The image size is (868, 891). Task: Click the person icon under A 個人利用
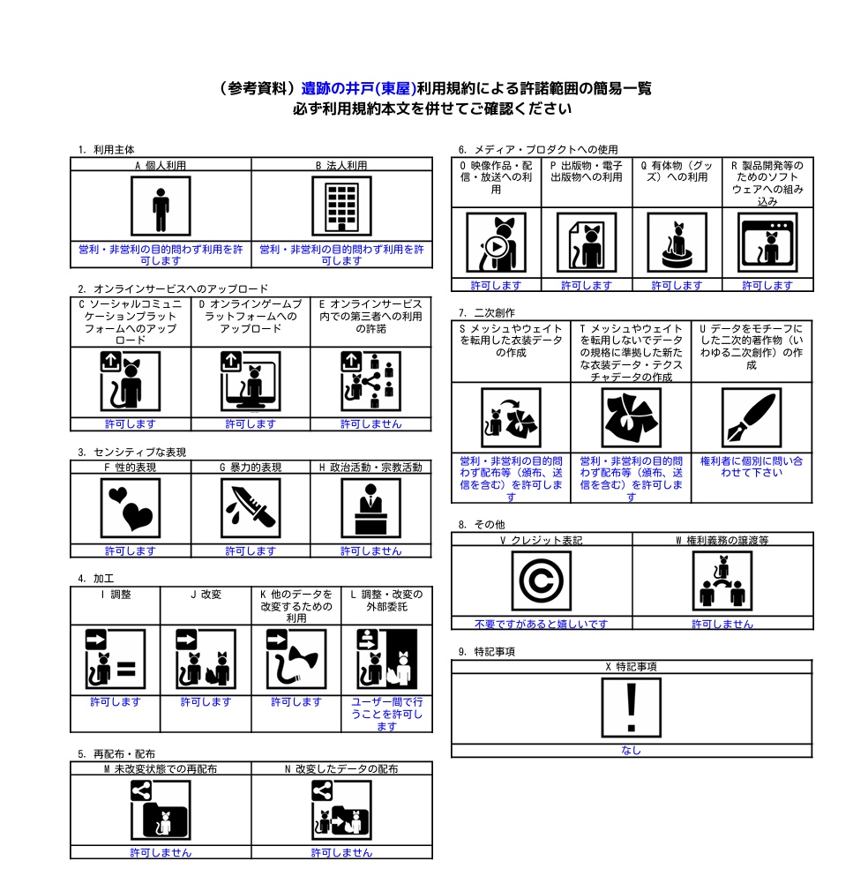coord(161,206)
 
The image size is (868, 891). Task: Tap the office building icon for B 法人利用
coord(341,206)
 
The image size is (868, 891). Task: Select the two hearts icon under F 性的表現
coord(131,508)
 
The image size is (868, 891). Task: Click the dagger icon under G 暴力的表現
coord(251,508)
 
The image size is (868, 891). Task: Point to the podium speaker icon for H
coord(371,508)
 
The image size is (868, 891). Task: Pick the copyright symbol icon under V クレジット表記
coord(542,580)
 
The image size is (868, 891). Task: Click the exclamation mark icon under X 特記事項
coord(631,708)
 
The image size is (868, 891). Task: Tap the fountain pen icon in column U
coord(751,417)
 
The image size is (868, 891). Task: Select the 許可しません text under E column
coord(371,424)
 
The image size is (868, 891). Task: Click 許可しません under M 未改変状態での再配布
coord(161,852)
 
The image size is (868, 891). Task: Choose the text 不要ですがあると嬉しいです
coord(542,624)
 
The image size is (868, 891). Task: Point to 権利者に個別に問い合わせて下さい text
coord(751,467)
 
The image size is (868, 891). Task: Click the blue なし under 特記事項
coord(631,750)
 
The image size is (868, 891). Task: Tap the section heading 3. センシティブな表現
coord(132,453)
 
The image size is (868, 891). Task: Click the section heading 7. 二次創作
coord(487,313)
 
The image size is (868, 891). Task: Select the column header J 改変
coord(206,595)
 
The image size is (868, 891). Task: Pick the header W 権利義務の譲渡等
coord(722,540)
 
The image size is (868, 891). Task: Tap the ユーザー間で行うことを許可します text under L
coord(387,715)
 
